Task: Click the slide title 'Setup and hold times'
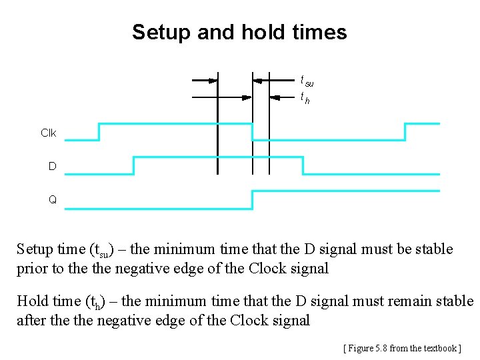click(x=239, y=32)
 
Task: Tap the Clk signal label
click(x=49, y=133)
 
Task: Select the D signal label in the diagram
click(x=52, y=166)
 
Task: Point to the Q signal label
click(x=52, y=199)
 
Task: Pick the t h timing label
click(x=305, y=99)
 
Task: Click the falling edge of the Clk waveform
click(x=252, y=132)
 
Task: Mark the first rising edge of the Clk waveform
click(x=99, y=132)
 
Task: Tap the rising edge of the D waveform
click(x=133, y=165)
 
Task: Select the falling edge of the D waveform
click(x=303, y=165)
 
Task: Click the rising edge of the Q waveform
click(x=252, y=199)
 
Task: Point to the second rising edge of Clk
click(x=405, y=132)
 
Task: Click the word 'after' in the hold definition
click(x=31, y=321)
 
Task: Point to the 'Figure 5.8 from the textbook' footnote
click(x=402, y=348)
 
